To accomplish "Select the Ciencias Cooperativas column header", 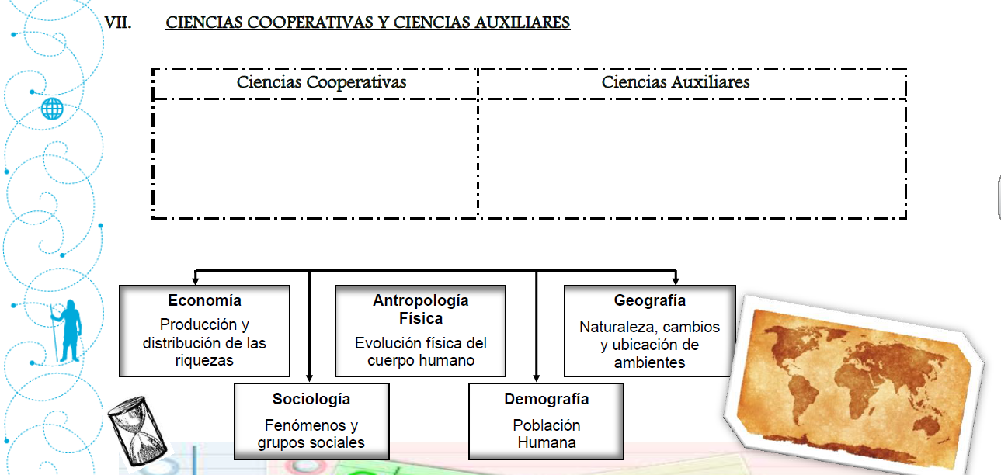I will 322,82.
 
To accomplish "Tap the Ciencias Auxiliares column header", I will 676,82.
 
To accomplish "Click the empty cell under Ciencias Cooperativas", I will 315,158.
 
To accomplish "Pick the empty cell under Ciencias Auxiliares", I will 691,158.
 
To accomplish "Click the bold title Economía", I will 204,300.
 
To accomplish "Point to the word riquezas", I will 204,360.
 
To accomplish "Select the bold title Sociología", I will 311,399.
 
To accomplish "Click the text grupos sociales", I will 311,443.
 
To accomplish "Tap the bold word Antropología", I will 420,300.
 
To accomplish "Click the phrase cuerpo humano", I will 420,360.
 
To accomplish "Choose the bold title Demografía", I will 546,399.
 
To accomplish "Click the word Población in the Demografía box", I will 546,425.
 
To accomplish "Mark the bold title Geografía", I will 649,300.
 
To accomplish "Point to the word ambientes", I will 649,362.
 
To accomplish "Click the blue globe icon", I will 53,109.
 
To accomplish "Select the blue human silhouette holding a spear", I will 69,331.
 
